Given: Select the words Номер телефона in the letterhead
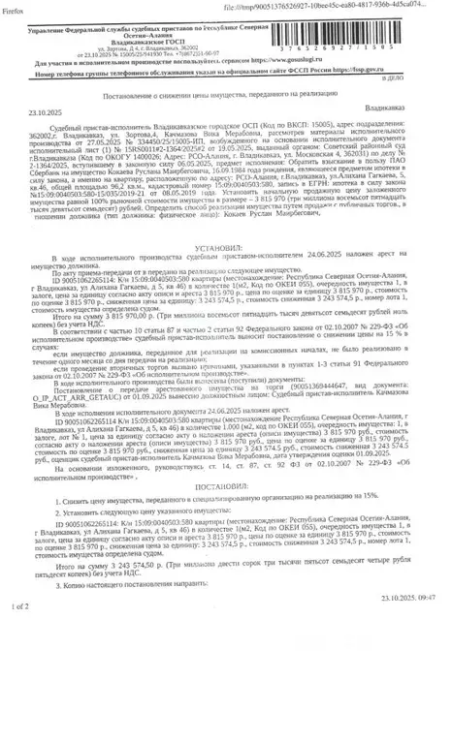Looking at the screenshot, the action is (x=58, y=73).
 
